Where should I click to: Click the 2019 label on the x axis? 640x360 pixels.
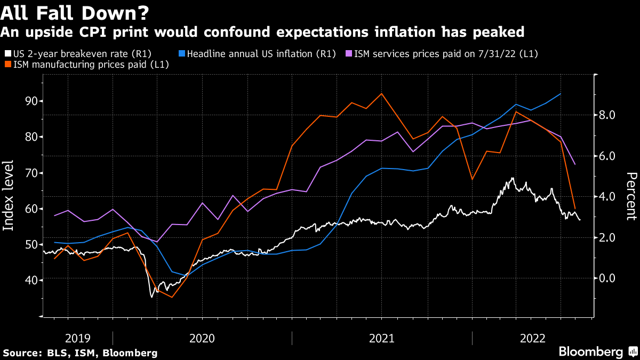click(78, 338)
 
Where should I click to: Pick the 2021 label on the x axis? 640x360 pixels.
click(382, 338)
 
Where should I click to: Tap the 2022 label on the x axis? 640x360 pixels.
click(532, 338)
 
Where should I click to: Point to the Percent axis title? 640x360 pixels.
click(631, 196)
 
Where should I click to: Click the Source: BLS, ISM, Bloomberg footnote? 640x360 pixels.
click(80, 353)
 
